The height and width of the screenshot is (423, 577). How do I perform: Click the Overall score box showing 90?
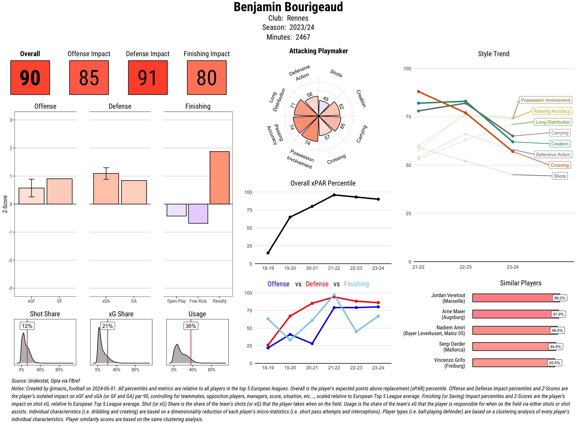click(x=30, y=78)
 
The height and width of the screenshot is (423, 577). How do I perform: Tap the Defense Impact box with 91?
click(x=148, y=78)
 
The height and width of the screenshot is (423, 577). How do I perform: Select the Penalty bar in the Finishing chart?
click(x=219, y=178)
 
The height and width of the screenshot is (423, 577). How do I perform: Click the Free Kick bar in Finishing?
click(x=198, y=214)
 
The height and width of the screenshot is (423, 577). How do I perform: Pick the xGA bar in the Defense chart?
click(x=106, y=189)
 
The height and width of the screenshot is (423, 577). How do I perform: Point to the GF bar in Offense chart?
click(x=59, y=191)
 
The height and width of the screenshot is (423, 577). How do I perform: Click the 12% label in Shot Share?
click(x=27, y=326)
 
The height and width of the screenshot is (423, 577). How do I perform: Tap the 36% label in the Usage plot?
click(x=191, y=326)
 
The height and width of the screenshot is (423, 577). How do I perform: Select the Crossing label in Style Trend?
click(x=559, y=165)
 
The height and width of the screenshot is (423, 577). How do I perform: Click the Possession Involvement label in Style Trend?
click(x=545, y=100)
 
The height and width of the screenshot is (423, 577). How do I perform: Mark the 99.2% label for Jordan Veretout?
click(x=559, y=298)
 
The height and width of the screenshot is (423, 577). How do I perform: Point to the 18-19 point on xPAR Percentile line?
click(x=268, y=253)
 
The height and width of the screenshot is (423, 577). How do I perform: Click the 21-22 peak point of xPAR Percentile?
click(x=334, y=195)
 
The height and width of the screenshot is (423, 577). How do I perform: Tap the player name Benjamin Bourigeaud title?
click(x=288, y=7)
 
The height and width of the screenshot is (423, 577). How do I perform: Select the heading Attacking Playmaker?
click(x=318, y=51)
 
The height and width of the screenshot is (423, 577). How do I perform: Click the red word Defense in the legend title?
click(x=317, y=284)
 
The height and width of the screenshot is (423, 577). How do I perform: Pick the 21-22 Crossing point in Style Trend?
click(x=418, y=92)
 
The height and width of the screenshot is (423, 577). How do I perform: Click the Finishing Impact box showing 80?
click(x=207, y=78)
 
